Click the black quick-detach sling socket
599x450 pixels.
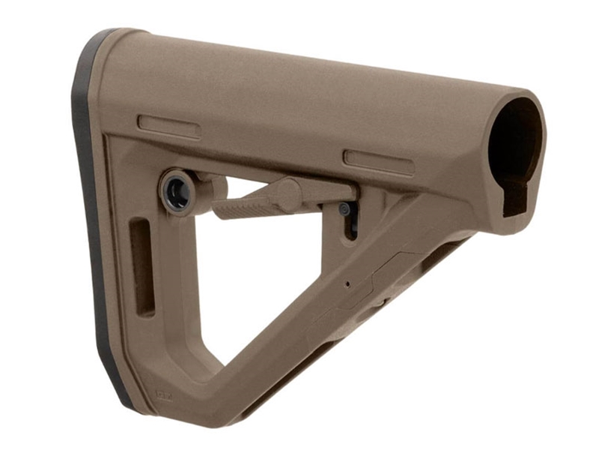tap(177, 193)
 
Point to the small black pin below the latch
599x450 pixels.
tap(344, 210)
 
